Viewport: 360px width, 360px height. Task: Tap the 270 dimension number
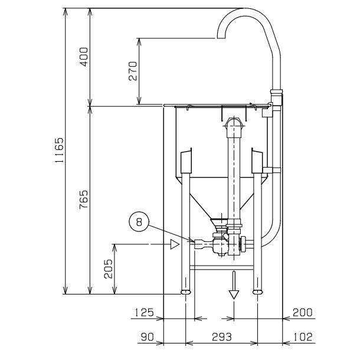point(132,71)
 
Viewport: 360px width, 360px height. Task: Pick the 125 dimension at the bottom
point(144,312)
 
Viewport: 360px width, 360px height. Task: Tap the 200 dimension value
point(302,312)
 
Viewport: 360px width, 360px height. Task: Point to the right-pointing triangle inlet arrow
point(174,244)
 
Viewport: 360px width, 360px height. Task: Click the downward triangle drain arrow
point(234,293)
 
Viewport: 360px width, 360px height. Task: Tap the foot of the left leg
point(185,292)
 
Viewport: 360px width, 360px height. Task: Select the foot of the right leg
point(257,292)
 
